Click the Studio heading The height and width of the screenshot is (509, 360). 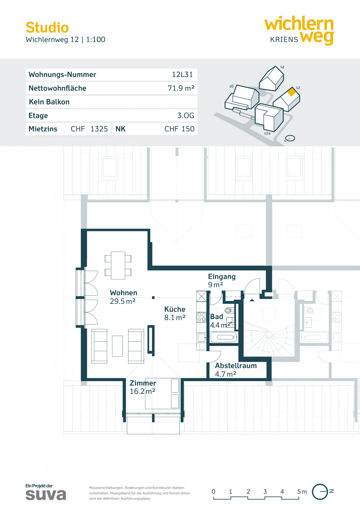(47, 27)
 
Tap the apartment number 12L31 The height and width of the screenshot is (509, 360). (182, 74)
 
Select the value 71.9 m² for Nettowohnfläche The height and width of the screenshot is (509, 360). (181, 88)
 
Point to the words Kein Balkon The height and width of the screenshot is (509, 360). (49, 102)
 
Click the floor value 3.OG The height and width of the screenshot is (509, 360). (186, 115)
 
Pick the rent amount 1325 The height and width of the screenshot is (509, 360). (99, 129)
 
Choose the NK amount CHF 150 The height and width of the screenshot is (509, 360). (179, 129)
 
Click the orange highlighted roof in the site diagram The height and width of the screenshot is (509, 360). (291, 92)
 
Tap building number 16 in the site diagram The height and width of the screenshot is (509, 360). (231, 86)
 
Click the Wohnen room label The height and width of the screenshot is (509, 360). (123, 293)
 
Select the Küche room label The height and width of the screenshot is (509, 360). (175, 309)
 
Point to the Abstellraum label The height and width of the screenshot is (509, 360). (236, 366)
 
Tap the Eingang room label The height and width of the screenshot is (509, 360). (222, 276)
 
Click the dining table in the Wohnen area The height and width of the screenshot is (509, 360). (118, 265)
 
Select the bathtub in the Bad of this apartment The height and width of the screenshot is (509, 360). (224, 337)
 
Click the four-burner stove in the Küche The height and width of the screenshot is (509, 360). (201, 317)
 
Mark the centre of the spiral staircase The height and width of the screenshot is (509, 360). (269, 334)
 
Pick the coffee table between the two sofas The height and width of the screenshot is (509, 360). (117, 346)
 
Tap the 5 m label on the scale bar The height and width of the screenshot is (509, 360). (302, 492)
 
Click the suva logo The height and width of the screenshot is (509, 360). (46, 495)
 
